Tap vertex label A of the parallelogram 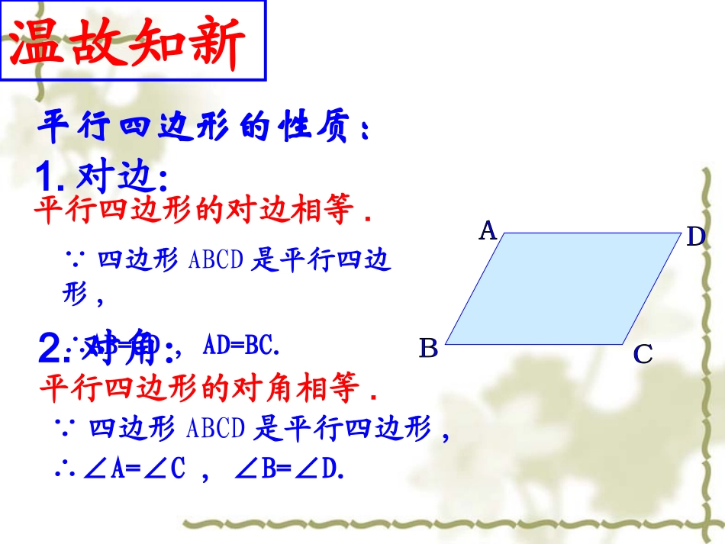click(x=488, y=230)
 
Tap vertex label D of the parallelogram click(x=695, y=237)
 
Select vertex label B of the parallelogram click(x=429, y=349)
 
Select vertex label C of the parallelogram click(x=643, y=354)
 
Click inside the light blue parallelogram click(x=562, y=288)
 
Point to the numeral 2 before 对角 click(x=50, y=349)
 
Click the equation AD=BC click(x=241, y=347)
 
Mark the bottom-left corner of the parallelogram click(x=446, y=344)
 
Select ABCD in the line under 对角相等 click(x=215, y=429)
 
